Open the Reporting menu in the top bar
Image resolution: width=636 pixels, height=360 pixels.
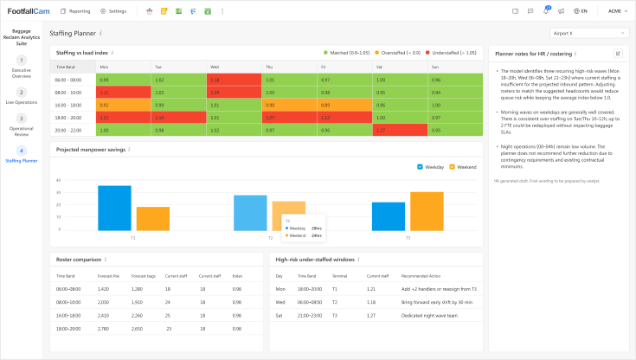[75, 11]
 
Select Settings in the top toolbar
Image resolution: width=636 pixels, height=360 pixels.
[113, 11]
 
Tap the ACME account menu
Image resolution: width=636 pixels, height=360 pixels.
[617, 11]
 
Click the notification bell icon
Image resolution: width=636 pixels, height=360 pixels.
[545, 11]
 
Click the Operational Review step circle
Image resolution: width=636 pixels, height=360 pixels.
[22, 119]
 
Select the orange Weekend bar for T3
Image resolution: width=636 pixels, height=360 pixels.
[427, 210]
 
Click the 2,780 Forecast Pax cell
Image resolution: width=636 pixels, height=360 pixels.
[104, 329]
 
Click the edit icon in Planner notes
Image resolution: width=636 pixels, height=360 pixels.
[618, 54]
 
